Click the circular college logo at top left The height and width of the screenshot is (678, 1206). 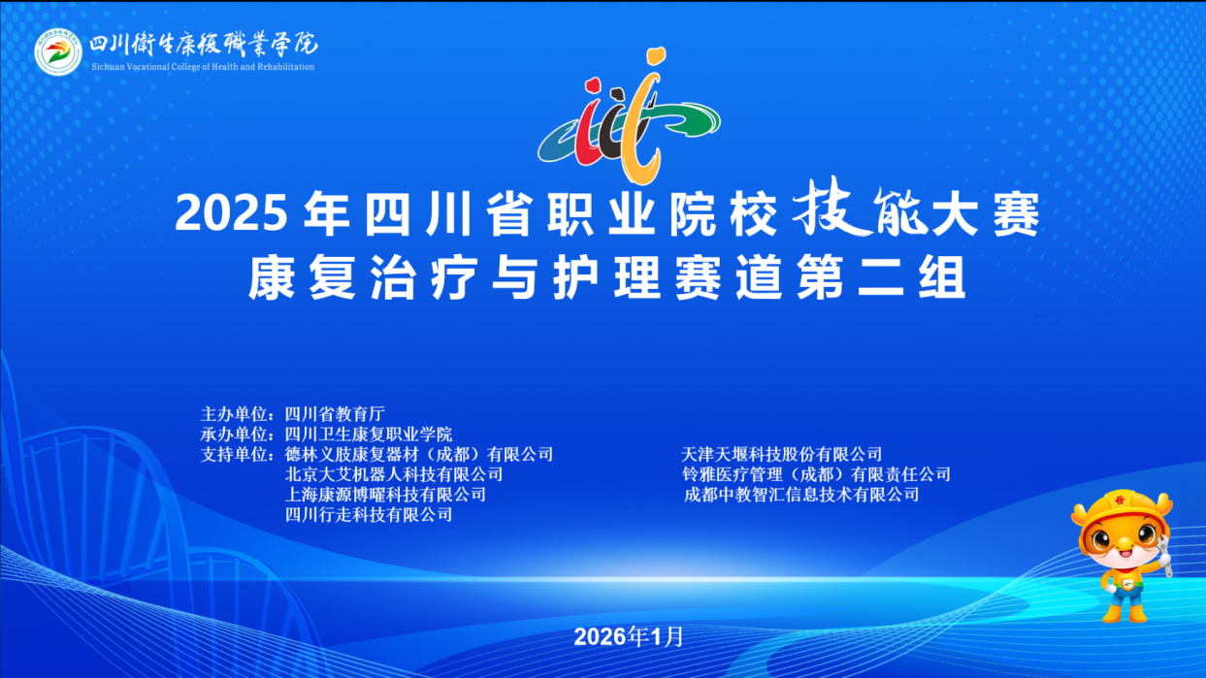pos(58,51)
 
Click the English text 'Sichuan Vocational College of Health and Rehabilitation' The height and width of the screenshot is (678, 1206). pos(202,67)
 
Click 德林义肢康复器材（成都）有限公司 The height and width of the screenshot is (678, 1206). pos(418,454)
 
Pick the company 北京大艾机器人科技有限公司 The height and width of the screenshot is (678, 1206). pos(394,474)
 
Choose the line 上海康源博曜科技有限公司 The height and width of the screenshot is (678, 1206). pos(385,495)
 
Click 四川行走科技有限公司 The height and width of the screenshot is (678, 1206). pos(369,515)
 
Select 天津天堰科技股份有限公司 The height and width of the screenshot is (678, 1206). pos(782,454)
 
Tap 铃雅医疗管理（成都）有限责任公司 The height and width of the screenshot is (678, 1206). pos(816,474)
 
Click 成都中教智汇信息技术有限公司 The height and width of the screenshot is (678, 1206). pos(800,495)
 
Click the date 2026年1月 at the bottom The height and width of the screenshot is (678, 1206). pos(629,636)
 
